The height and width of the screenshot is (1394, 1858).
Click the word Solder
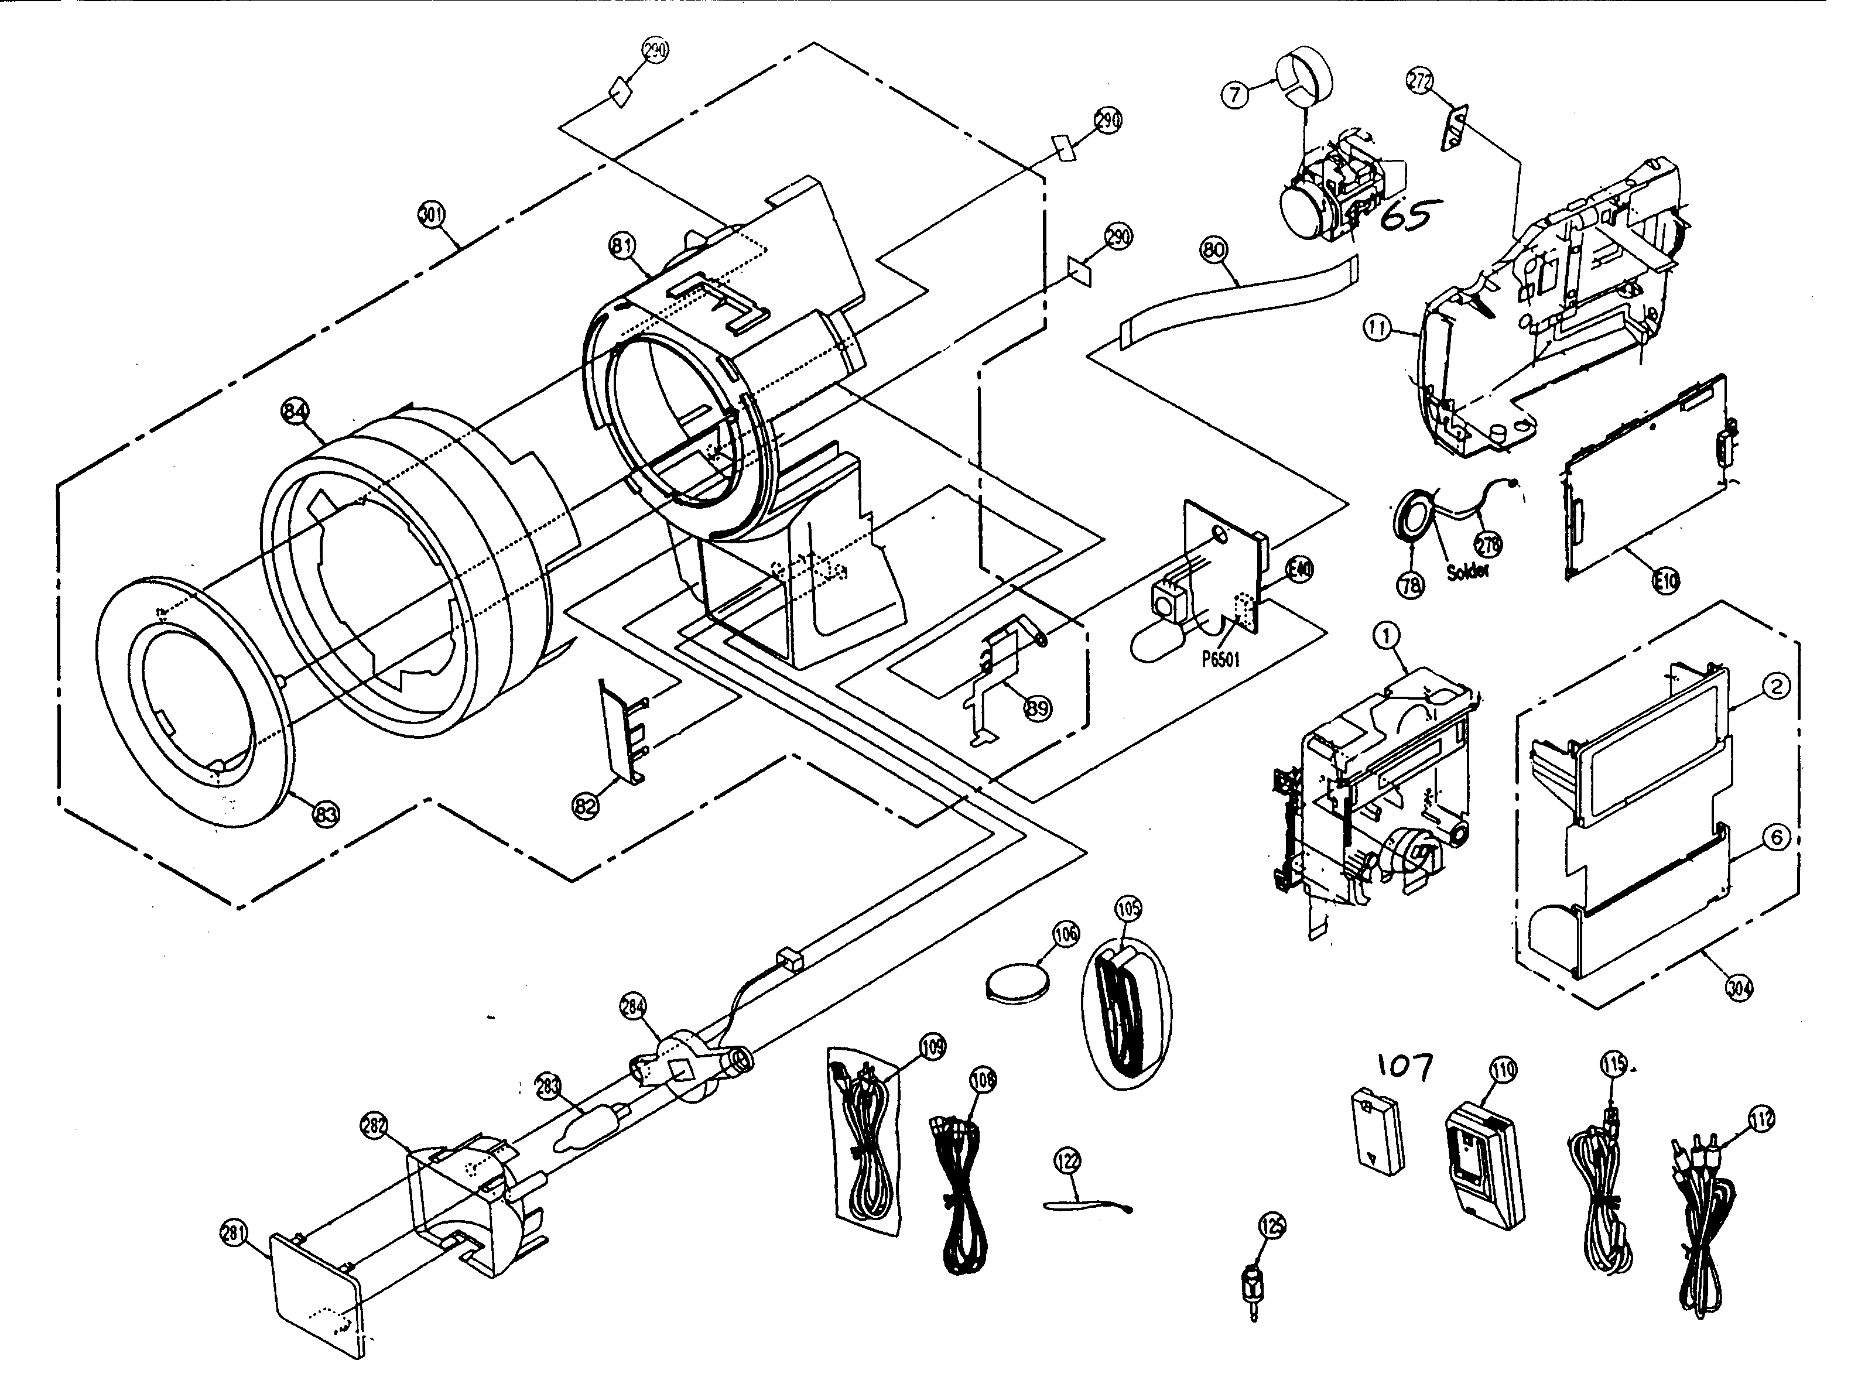click(1467, 570)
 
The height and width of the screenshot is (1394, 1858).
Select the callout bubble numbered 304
click(1739, 988)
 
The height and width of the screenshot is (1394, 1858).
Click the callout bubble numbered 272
click(1419, 83)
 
